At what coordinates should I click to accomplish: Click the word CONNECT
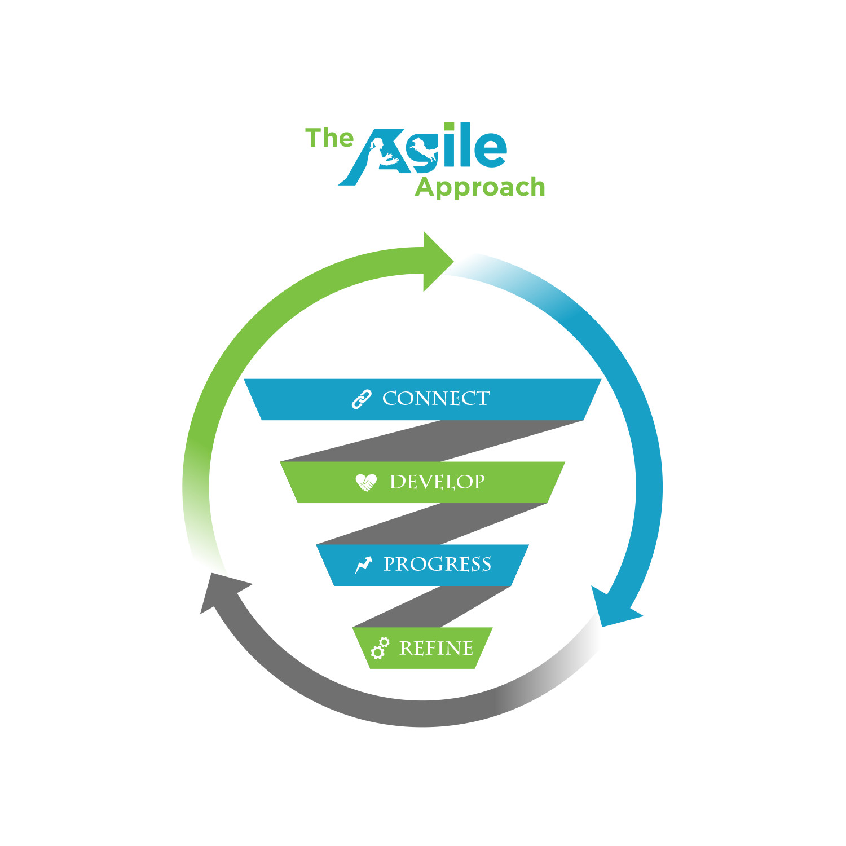pos(436,399)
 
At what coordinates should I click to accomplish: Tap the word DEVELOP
pos(437,482)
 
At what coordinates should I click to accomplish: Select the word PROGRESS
pos(437,565)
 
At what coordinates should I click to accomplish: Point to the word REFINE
pos(436,649)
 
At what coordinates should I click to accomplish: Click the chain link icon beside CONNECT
pos(362,399)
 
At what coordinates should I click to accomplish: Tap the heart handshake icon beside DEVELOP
pos(366,483)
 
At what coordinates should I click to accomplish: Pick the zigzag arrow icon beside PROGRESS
pos(364,565)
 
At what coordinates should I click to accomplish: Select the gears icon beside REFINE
pos(380,649)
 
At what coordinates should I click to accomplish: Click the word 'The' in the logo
pos(329,138)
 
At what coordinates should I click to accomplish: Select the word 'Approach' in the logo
pos(480,188)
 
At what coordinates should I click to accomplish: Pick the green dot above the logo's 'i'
pos(449,127)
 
